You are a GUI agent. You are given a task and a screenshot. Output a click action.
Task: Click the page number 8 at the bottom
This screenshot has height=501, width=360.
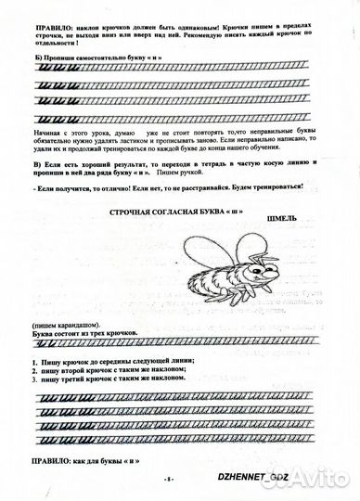click(169, 479)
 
